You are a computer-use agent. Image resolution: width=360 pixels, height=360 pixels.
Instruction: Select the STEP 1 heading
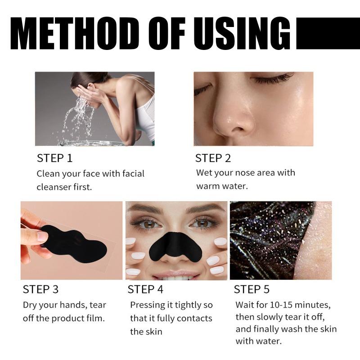[54, 158]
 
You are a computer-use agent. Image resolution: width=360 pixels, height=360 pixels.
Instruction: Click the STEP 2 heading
[213, 158]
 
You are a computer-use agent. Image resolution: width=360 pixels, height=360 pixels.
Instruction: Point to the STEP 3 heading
[40, 289]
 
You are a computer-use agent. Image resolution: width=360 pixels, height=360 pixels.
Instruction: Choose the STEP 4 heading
[146, 289]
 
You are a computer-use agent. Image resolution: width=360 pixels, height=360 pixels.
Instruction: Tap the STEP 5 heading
[252, 289]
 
